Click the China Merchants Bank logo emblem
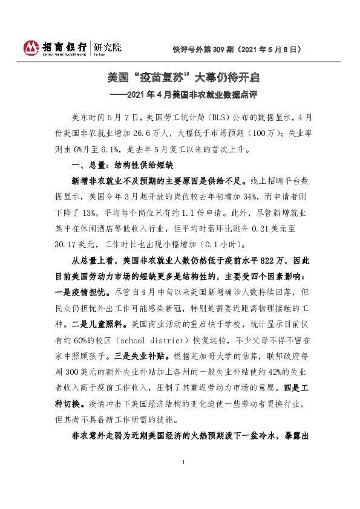30,47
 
